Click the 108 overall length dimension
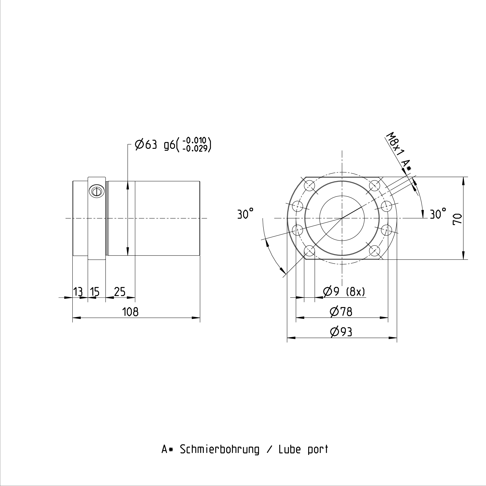(x=130, y=312)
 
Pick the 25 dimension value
(x=120, y=292)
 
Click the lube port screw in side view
(x=97, y=192)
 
